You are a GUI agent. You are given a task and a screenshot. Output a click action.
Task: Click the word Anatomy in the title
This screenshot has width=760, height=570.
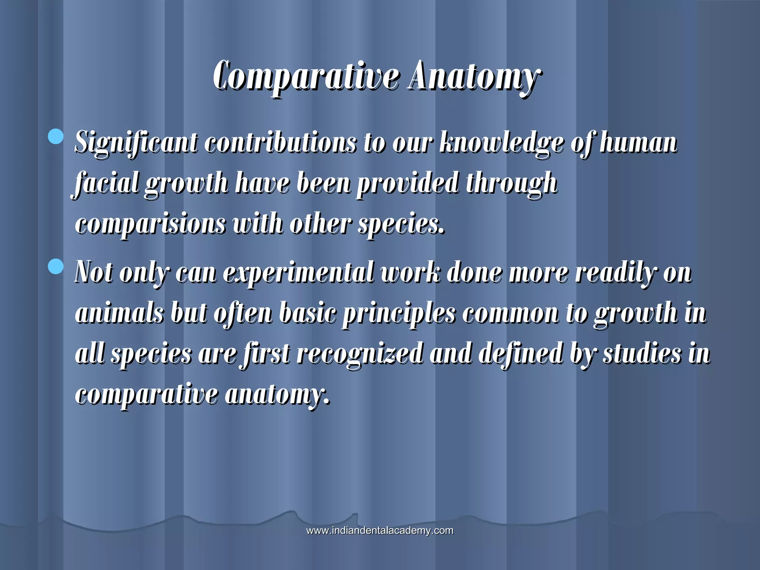click(473, 77)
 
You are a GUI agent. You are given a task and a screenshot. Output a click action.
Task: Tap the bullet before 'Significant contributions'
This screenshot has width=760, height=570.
click(56, 136)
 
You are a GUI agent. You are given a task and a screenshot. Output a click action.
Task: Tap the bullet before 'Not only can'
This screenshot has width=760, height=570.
click(56, 266)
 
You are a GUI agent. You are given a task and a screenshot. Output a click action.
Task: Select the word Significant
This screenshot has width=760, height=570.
click(136, 143)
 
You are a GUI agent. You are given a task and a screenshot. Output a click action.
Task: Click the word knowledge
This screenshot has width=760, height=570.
click(501, 143)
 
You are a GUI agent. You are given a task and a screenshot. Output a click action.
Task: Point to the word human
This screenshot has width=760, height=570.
click(639, 143)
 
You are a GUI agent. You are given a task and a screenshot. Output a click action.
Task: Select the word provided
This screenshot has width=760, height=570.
click(407, 183)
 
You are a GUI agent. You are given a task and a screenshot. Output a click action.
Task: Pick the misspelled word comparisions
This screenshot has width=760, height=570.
click(150, 225)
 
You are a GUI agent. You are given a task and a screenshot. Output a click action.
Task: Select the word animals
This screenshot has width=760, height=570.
click(119, 313)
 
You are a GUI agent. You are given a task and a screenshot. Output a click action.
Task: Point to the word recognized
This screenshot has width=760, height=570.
click(360, 354)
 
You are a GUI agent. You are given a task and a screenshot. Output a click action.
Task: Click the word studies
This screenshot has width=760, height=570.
click(642, 353)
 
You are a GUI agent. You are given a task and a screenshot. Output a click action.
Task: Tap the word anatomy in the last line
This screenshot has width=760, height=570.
click(277, 395)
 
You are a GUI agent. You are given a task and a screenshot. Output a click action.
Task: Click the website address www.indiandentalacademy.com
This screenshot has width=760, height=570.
click(380, 530)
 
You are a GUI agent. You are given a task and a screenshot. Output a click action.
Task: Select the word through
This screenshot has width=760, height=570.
click(512, 183)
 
